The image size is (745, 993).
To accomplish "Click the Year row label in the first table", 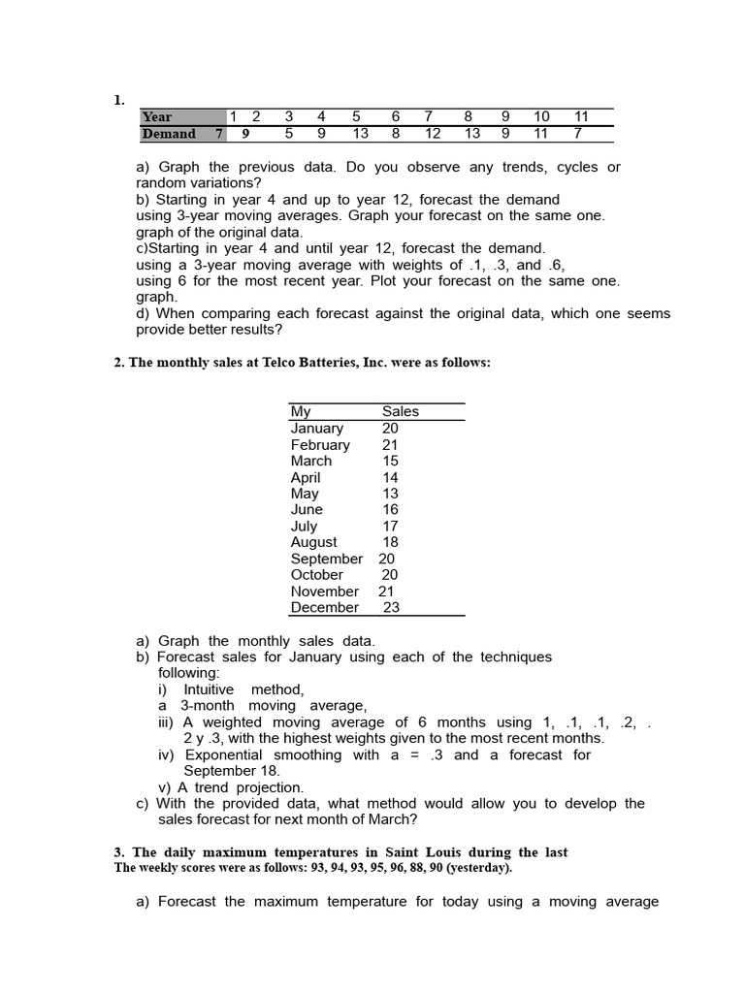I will pos(157,117).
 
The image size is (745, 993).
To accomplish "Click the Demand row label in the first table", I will pos(169,134).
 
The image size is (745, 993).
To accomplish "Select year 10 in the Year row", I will pos(541,117).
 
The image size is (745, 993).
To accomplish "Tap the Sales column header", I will pos(401,411).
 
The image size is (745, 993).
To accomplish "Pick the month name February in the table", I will pos(320,445).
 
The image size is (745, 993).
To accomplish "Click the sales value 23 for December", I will pos(391,608).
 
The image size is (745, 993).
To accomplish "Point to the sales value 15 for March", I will pos(390,462).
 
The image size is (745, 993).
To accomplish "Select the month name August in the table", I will pos(314,543).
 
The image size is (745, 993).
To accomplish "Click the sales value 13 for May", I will pos(390,494).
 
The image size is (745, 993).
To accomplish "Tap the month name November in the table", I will pos(324,592).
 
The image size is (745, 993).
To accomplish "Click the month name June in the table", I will pos(307,510).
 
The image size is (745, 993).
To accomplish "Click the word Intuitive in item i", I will pos(209,689).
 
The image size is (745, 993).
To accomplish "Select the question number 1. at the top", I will pos(119,100).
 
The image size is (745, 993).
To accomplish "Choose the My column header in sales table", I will pos(301,411).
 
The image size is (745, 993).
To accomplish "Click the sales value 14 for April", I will pos(390,478).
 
